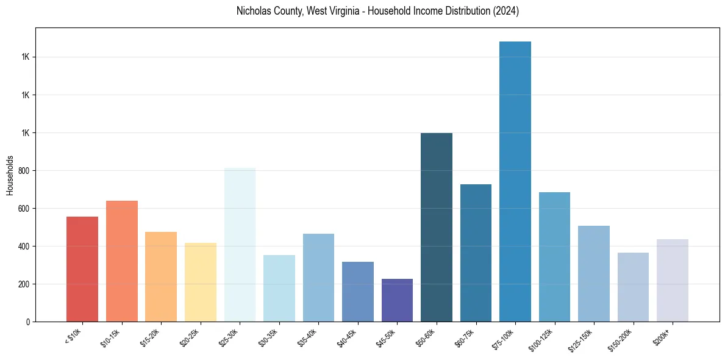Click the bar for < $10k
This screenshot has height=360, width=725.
[x=82, y=269]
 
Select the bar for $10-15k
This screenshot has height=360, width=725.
[x=121, y=261]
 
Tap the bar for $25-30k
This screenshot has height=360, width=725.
[x=240, y=245]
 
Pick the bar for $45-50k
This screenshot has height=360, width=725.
[x=397, y=300]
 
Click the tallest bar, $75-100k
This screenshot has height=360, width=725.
[x=515, y=181]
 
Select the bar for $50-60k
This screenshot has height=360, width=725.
[x=437, y=227]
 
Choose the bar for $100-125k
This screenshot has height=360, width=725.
[x=554, y=257]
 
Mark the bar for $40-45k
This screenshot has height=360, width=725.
[x=358, y=292]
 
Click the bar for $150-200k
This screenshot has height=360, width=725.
[x=633, y=287]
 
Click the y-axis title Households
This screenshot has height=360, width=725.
[x=10, y=175]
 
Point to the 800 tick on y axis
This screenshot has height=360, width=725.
[x=25, y=171]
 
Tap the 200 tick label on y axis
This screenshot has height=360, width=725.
[x=25, y=284]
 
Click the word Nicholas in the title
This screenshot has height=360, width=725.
[x=252, y=11]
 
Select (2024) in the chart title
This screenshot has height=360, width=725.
[x=506, y=11]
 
